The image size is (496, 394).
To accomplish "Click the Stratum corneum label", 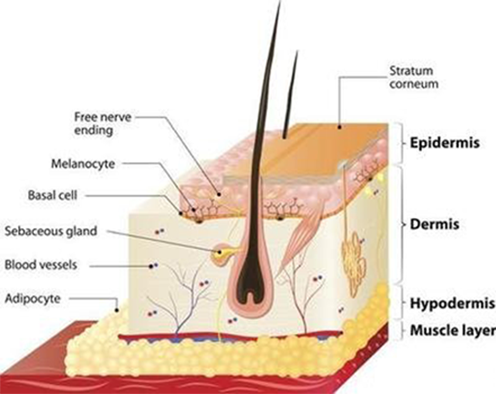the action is (x=414, y=77).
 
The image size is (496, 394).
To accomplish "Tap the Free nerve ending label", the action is (x=102, y=124).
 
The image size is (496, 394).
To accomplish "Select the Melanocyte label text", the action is (x=83, y=164).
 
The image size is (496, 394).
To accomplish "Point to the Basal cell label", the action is (x=53, y=195).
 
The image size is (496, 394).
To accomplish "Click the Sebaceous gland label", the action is (x=51, y=231).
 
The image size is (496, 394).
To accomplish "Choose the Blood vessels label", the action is (x=41, y=264).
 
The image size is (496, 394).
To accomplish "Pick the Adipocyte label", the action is (x=33, y=299).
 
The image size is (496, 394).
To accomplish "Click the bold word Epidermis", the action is (x=445, y=143).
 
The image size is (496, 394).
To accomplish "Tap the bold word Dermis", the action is (x=434, y=224).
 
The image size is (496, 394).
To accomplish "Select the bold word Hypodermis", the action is (x=452, y=304).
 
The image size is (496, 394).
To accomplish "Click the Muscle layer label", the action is (x=452, y=330).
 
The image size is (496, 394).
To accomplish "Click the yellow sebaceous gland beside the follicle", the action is (x=222, y=253).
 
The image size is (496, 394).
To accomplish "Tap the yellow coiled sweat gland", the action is (x=354, y=261).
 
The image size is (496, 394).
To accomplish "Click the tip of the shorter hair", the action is (x=296, y=51).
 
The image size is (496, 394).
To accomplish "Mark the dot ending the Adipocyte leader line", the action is (x=117, y=310).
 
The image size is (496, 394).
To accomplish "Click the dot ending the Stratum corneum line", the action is (x=339, y=127).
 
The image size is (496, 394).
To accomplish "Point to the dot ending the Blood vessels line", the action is (x=151, y=266).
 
